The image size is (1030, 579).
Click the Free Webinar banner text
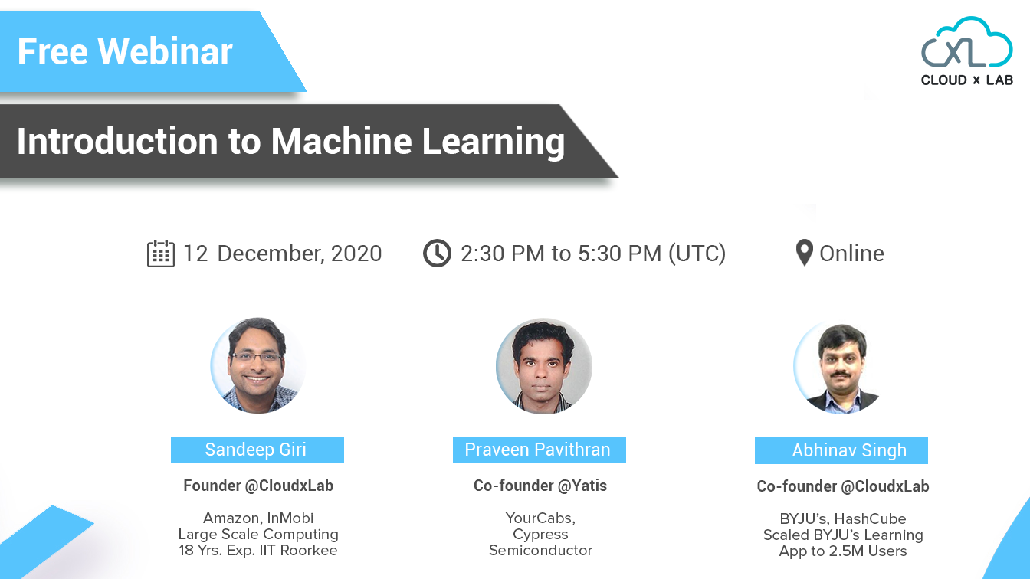pos(125,52)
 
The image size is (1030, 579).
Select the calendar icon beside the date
pos(160,254)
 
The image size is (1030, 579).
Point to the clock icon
pos(437,254)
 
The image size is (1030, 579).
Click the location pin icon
pos(804,253)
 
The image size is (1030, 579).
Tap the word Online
pos(851,254)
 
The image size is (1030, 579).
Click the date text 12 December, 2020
pos(282,254)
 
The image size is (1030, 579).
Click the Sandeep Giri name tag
pos(257,450)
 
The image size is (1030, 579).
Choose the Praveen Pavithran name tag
pos(539,450)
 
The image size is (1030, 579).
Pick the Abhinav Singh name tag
pos(841,450)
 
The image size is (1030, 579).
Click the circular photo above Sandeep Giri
pos(257,365)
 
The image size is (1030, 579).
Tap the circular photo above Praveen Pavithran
pos(543,366)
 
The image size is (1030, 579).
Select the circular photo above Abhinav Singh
pos(841,368)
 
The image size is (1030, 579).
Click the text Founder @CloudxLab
pos(258,486)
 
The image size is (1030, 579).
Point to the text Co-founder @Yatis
pos(540,486)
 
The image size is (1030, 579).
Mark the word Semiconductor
pos(540,550)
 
